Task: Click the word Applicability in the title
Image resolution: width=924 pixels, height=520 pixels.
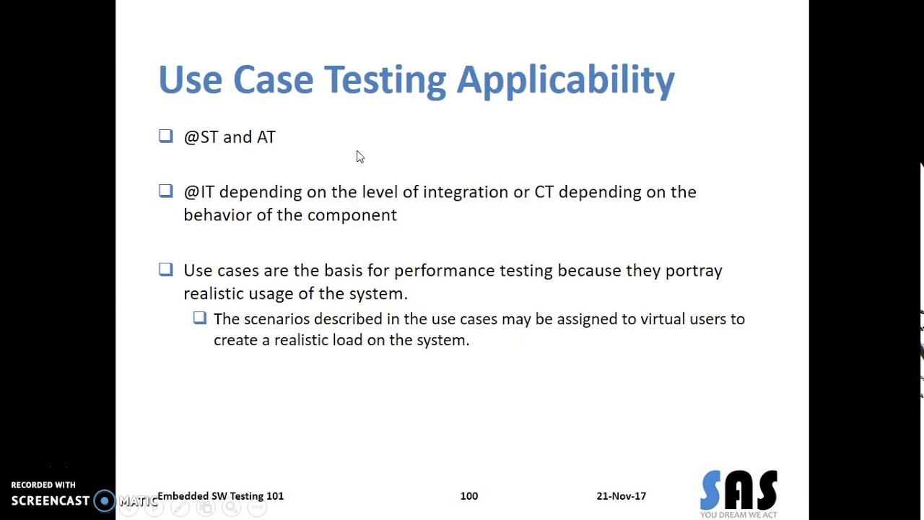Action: [565, 79]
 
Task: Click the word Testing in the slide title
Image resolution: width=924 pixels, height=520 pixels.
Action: [385, 79]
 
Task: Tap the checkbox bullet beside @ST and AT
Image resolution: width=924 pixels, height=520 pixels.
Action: [166, 136]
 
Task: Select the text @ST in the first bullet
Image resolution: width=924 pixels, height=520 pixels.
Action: [201, 137]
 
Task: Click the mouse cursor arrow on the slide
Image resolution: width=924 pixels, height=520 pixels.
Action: [359, 156]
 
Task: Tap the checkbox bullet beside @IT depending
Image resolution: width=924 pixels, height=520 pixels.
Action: [166, 191]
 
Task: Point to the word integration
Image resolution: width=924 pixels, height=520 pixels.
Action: [465, 192]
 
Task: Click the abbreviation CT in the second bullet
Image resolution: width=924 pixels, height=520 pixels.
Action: [544, 192]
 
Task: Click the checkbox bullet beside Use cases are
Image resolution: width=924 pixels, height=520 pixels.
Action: [166, 269]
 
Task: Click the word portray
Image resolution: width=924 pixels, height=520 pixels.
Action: [693, 271]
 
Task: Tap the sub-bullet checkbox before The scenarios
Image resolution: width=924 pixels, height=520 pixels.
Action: [200, 318]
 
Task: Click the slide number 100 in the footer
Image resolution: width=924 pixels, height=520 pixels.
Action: [468, 496]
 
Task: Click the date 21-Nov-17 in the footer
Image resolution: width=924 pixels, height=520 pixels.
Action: [621, 496]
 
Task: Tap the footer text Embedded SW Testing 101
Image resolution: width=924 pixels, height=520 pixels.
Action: [220, 496]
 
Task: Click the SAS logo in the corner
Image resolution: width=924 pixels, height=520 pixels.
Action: [738, 493]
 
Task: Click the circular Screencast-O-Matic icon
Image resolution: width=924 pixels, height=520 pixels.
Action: [105, 500]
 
